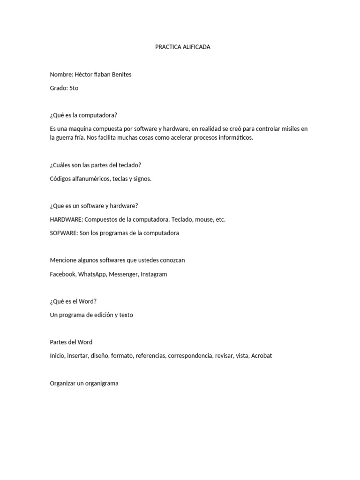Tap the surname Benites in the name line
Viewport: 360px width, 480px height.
120,75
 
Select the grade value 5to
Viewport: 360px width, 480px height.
74,88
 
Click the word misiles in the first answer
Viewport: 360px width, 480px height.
288,128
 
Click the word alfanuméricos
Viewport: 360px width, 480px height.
91,179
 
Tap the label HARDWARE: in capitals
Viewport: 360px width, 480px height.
66,219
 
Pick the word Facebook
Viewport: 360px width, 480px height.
63,274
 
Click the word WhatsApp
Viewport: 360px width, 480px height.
92,274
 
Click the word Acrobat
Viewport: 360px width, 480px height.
262,356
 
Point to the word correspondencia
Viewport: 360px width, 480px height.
190,356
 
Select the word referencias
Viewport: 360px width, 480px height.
150,356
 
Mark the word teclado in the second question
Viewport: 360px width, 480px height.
129,165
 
